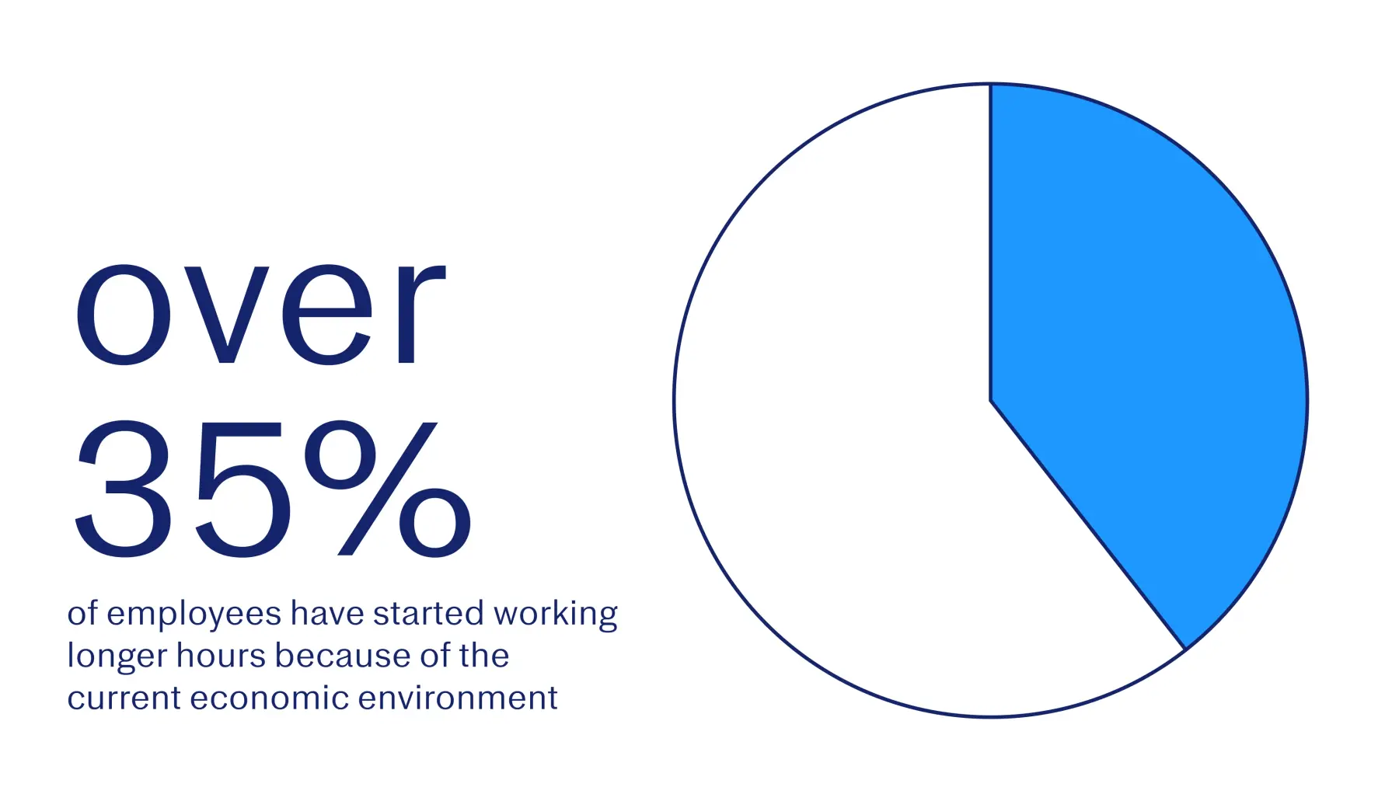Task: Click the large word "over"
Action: (260, 314)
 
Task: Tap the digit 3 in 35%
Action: (124, 489)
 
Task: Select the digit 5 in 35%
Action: (243, 489)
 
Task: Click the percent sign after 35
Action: (388, 489)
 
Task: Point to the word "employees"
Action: (194, 615)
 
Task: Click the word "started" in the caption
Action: (428, 614)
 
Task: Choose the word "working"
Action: (556, 615)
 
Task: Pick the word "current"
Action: (124, 698)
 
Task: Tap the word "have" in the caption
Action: (327, 614)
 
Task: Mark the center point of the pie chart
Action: (991, 400)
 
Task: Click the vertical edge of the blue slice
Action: (991, 242)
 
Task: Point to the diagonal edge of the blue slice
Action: (1087, 524)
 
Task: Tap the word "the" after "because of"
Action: (483, 656)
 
